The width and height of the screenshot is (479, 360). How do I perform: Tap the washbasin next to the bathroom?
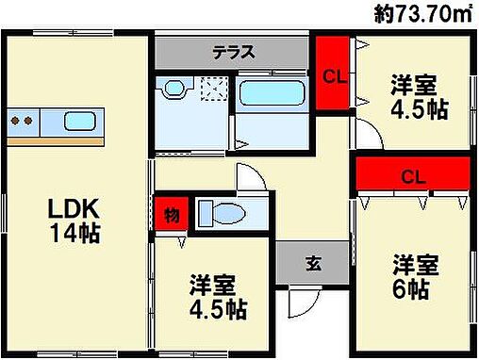(175, 90)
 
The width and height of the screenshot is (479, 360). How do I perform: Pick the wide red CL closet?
(412, 175)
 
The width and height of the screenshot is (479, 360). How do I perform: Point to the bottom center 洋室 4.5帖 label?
(218, 294)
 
